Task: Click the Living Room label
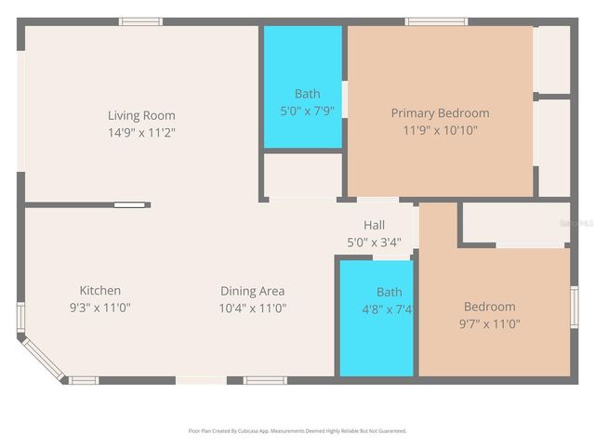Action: click(x=141, y=115)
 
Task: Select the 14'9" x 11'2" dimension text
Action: click(x=141, y=132)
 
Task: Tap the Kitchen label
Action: click(x=99, y=291)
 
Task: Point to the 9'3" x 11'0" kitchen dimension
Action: click(x=99, y=308)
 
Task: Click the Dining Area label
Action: click(x=252, y=291)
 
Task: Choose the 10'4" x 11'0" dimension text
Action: click(x=252, y=308)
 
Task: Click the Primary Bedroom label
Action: click(x=440, y=113)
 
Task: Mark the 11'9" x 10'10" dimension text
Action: click(x=440, y=130)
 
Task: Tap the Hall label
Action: click(x=374, y=225)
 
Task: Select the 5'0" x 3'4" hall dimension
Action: click(x=374, y=242)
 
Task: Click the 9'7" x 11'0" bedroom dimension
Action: click(x=489, y=324)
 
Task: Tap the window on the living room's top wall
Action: click(x=139, y=21)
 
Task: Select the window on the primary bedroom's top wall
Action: click(x=435, y=21)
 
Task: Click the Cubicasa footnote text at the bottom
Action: click(x=297, y=431)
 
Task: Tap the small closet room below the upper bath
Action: click(x=302, y=175)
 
